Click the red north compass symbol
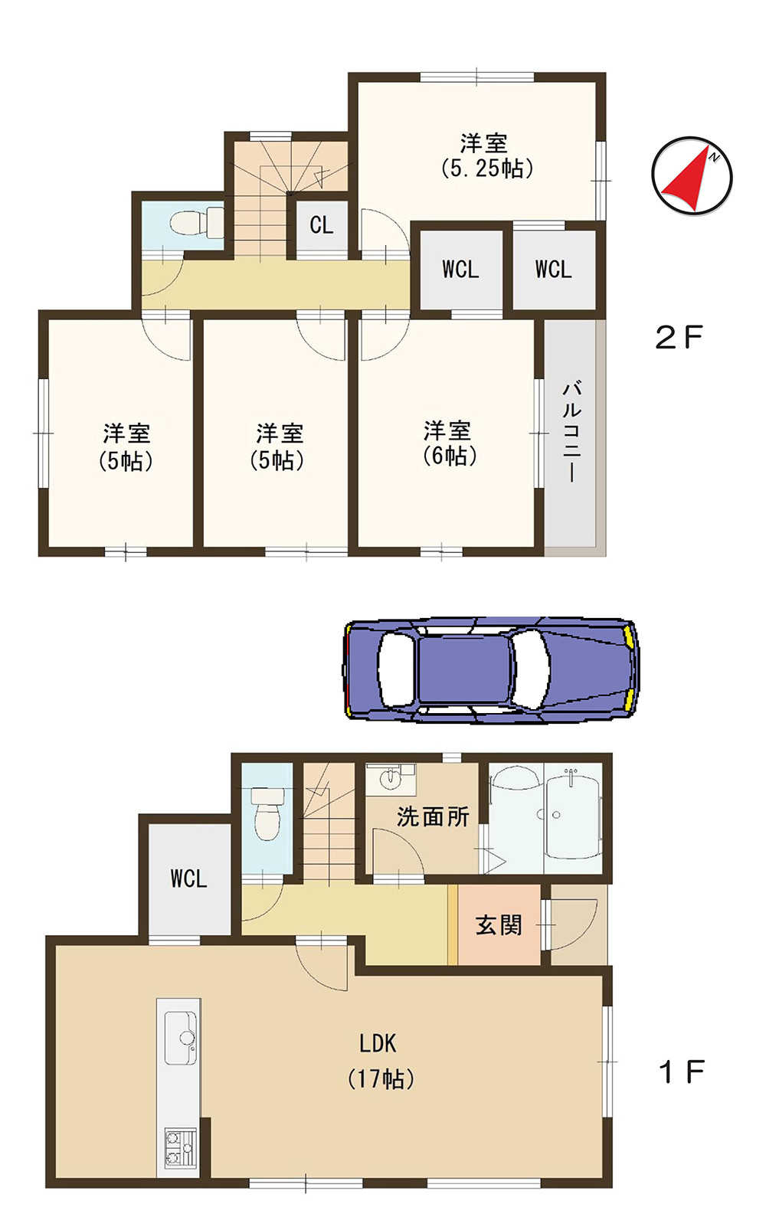692,177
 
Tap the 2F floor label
679,337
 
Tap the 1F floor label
681,1072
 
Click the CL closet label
322,225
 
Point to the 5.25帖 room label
486,156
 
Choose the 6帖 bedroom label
448,443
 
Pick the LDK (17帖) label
380,1061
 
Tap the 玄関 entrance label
499,925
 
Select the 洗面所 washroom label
433,816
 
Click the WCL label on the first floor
188,878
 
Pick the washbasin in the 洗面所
391,780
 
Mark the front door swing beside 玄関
574,923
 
